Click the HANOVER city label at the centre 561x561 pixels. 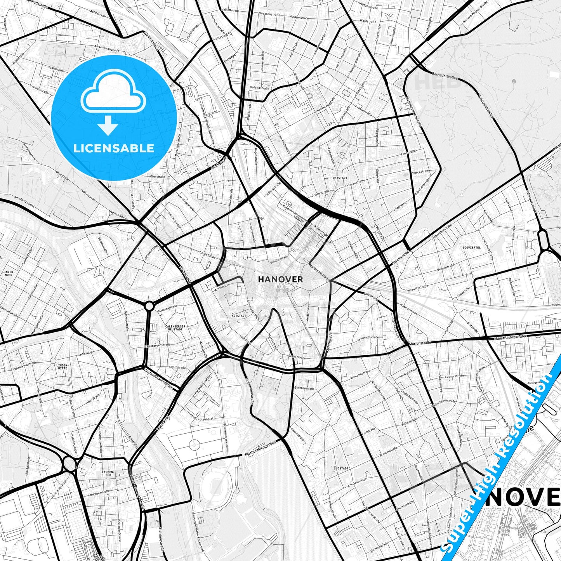coord(280,279)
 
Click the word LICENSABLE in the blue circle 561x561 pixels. coord(114,148)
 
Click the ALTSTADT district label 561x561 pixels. coord(239,316)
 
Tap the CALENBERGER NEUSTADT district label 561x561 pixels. coord(175,328)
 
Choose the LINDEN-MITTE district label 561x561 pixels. coord(62,366)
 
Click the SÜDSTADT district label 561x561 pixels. coord(341,469)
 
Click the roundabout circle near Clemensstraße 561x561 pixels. coord(149,306)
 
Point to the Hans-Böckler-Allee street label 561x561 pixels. coord(511,338)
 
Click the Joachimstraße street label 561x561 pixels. coord(320,273)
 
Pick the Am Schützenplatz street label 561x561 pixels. coord(203,417)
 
